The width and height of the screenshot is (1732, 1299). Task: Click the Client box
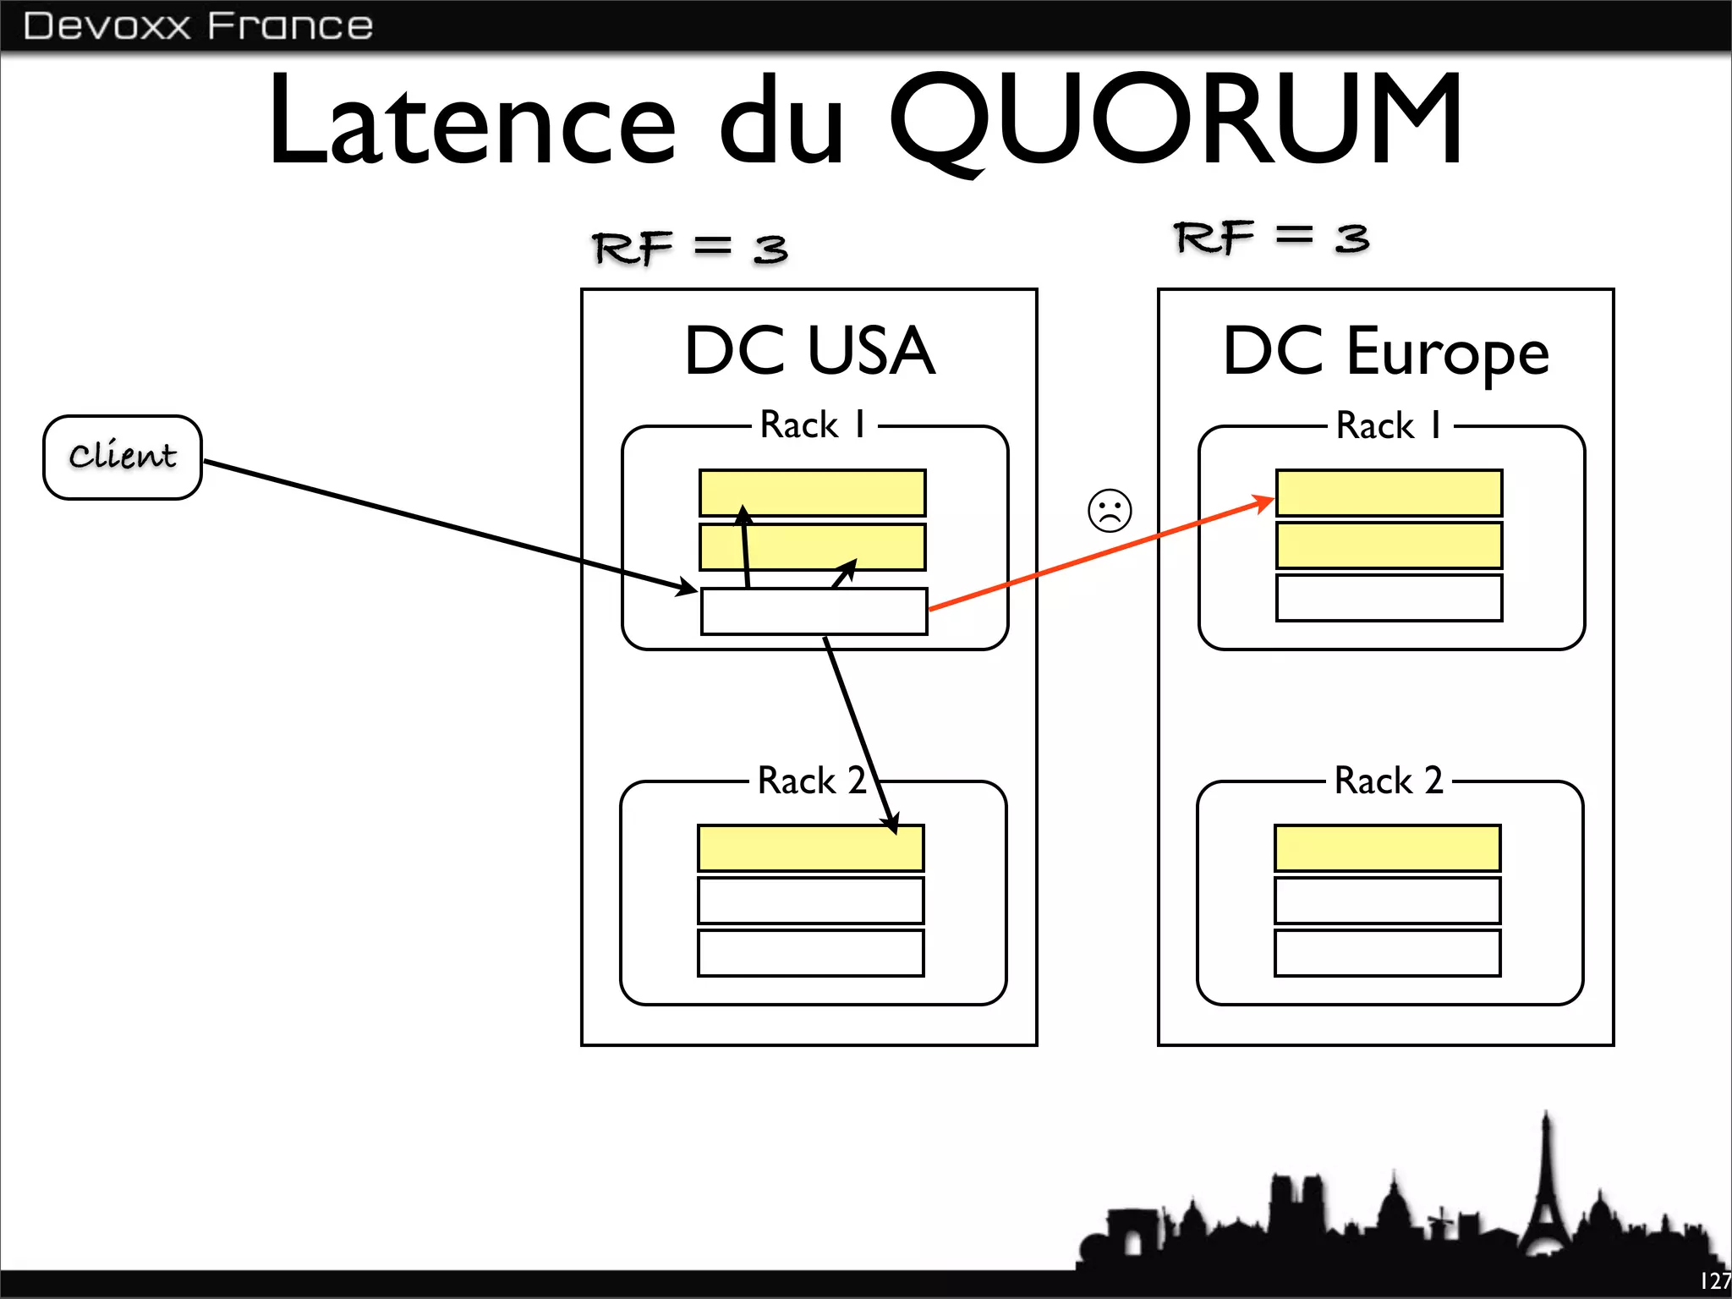(123, 457)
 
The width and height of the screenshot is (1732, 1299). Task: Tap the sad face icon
(1110, 511)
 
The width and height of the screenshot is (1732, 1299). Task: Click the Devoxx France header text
(198, 25)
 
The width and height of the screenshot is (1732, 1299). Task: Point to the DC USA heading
(809, 351)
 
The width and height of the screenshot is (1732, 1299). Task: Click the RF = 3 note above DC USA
(689, 248)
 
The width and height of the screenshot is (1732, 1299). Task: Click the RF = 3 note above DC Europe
(1271, 238)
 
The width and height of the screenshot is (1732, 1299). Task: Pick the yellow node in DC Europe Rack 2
(1387, 848)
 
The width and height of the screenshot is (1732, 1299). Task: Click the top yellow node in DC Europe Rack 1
(1389, 492)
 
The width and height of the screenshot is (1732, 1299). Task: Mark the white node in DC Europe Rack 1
(1389, 598)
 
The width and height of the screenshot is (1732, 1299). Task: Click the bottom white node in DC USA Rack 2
(810, 953)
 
